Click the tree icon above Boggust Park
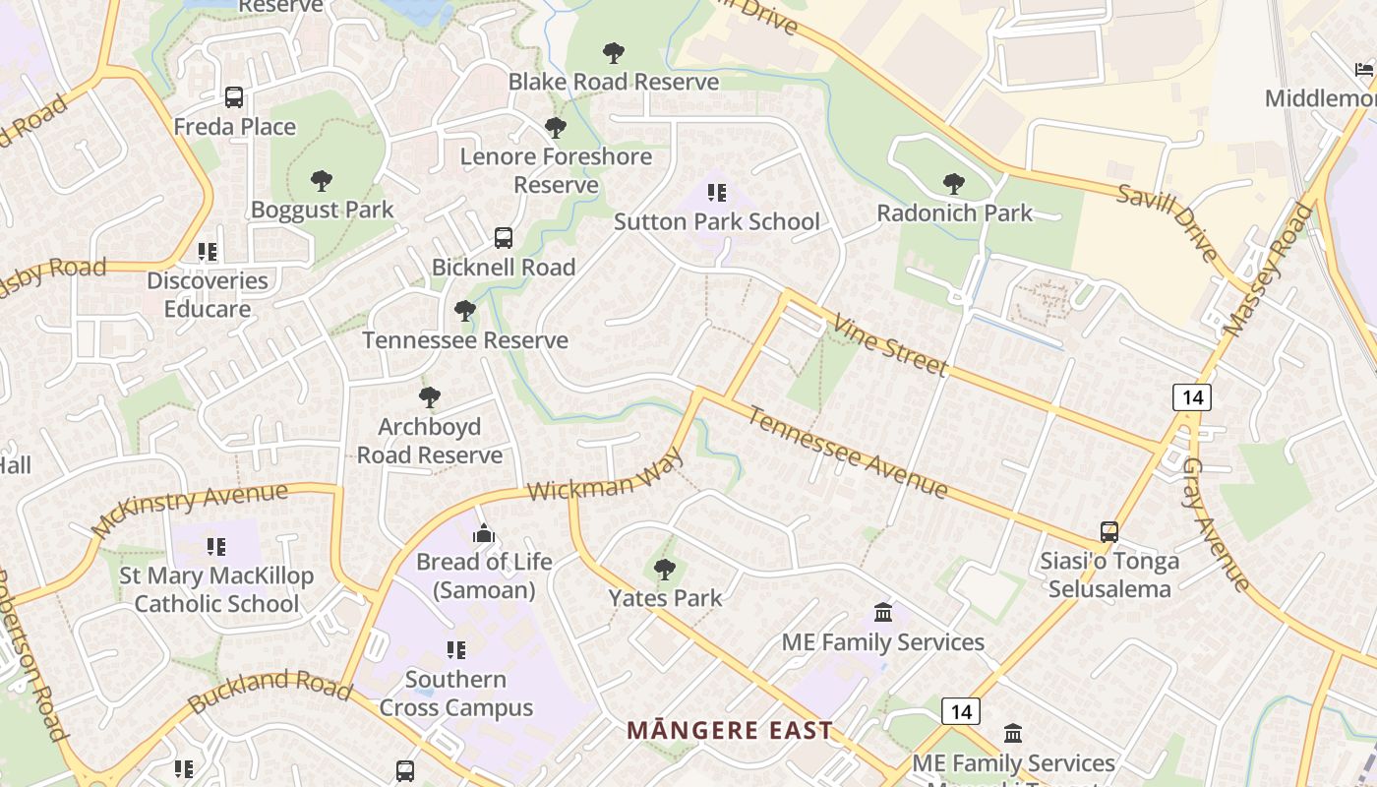[321, 181]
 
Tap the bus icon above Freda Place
[234, 97]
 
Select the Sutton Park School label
[716, 221]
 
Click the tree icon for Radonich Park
[953, 184]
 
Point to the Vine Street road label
[889, 344]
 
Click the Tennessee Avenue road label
[848, 452]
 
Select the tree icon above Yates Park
[665, 570]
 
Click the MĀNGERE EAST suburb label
[730, 731]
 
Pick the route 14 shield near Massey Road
[1191, 397]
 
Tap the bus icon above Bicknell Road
[504, 238]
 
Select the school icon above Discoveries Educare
[208, 252]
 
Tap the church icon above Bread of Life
[484, 534]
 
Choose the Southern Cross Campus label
[456, 694]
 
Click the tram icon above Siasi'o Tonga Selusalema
[1109, 532]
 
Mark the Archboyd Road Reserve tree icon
[429, 397]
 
